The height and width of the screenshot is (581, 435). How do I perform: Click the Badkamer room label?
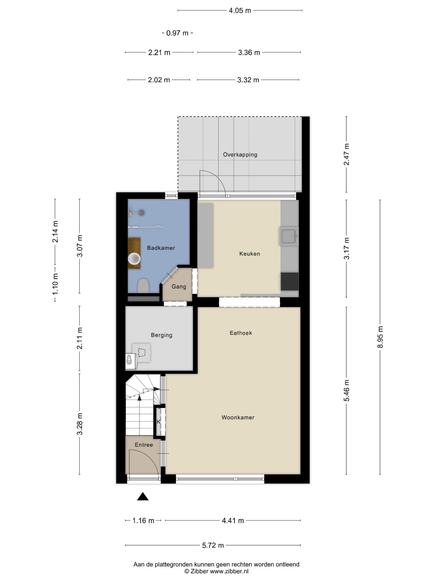161,248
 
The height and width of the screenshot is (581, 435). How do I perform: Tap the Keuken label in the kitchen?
250,254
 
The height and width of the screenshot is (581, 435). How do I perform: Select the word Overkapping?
240,155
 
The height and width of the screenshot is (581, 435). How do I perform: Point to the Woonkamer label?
238,418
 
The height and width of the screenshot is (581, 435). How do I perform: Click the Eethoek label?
241,333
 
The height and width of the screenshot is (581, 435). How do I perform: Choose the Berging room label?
162,335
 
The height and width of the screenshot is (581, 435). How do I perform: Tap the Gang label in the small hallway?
179,287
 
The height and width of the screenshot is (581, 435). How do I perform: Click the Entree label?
144,445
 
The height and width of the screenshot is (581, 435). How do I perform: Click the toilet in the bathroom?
143,286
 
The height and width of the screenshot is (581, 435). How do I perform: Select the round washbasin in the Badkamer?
134,259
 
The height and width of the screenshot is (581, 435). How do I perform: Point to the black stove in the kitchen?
289,281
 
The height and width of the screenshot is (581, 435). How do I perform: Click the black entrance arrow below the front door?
143,497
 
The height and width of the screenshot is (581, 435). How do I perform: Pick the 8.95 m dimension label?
380,337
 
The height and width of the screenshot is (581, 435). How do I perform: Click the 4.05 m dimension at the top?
240,11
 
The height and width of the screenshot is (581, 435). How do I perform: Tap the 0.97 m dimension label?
177,33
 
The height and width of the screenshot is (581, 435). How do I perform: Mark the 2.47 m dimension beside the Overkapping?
346,154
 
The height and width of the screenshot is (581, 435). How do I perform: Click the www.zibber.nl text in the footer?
229,571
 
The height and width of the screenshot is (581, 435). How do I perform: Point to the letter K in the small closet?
159,422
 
